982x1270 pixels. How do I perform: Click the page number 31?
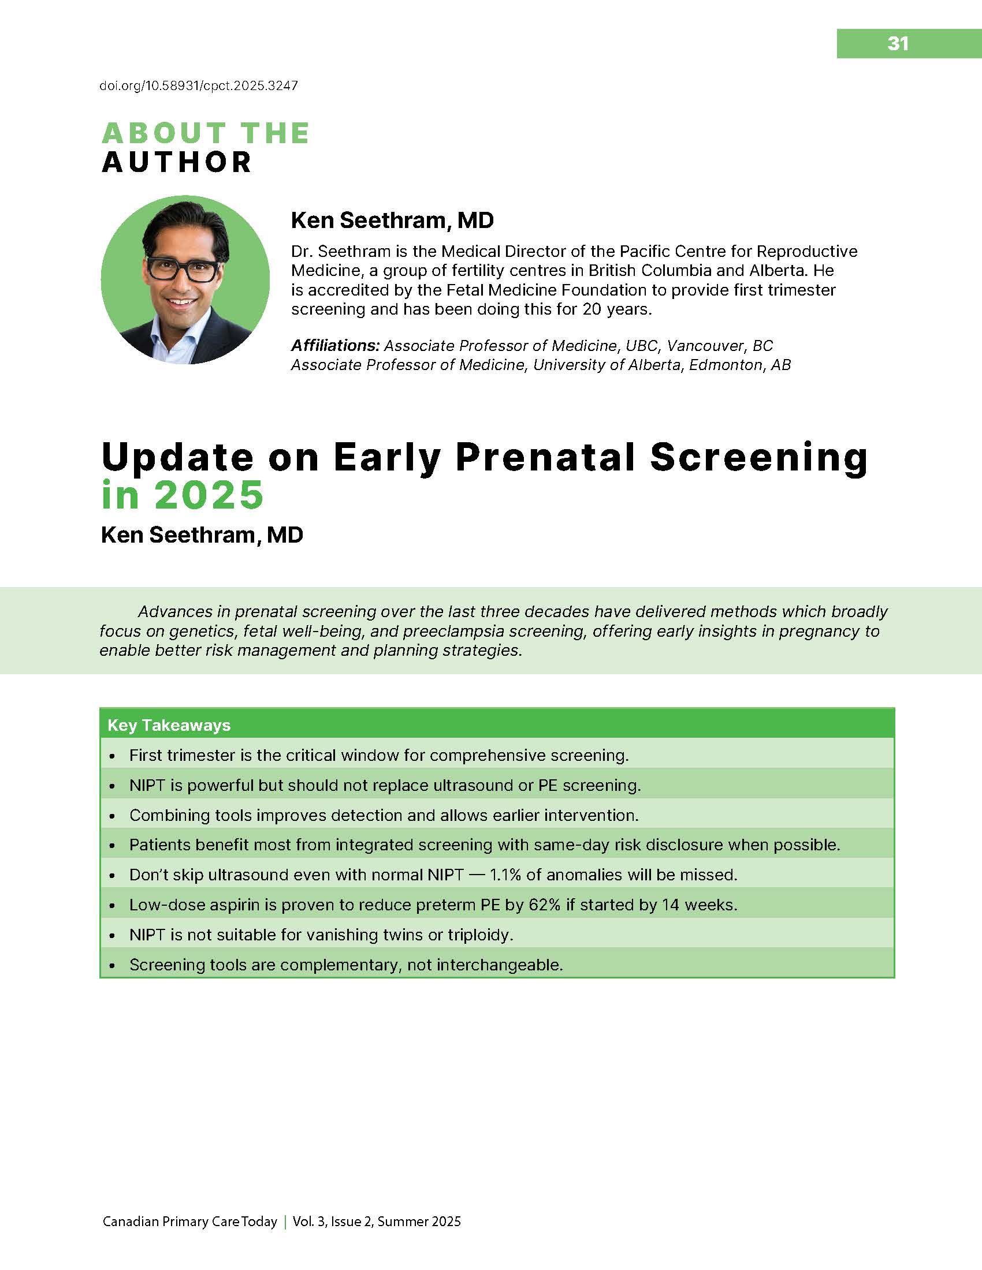coord(898,44)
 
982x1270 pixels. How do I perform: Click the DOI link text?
coord(199,86)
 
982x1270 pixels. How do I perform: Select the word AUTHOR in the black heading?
coord(177,162)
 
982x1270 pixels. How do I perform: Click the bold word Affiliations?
coord(335,345)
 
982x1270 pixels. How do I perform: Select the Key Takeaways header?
coord(169,725)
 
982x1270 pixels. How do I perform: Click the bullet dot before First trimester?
coord(112,756)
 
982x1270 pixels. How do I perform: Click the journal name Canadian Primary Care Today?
coord(189,1222)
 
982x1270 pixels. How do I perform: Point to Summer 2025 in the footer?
coord(419,1222)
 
